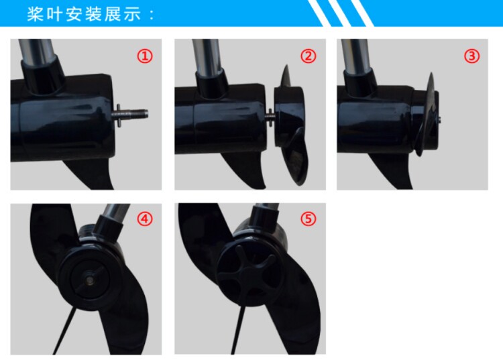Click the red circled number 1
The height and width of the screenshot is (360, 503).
(145, 56)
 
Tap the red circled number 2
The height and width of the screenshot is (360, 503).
(309, 56)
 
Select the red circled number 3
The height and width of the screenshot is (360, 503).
(472, 56)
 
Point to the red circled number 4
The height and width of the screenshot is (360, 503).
(145, 219)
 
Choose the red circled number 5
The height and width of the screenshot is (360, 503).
(309, 219)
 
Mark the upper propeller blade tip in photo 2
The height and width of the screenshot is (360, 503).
(286, 66)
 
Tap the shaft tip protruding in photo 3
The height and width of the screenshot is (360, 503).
(439, 120)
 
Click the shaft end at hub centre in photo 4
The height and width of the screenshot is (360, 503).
(89, 280)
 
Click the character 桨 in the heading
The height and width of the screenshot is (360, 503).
(36, 15)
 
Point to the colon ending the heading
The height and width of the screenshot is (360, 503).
(152, 15)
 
